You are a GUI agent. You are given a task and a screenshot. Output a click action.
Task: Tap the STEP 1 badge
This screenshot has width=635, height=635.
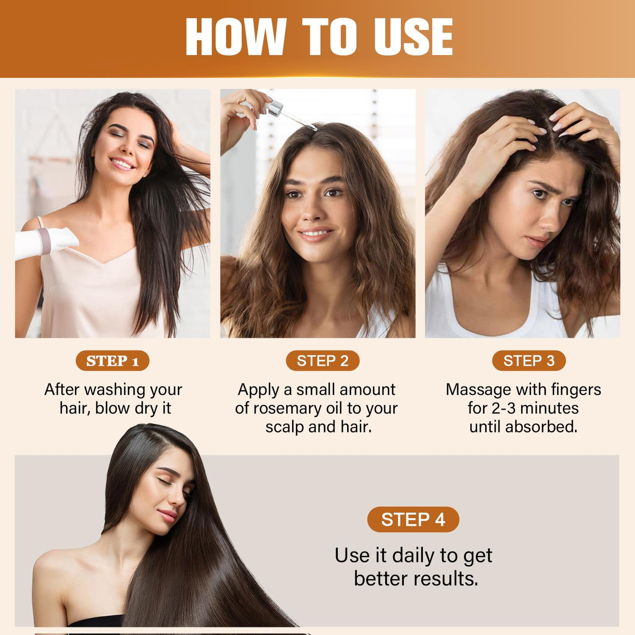(x=112, y=360)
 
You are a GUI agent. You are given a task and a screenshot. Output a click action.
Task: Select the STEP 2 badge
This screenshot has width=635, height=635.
(x=323, y=360)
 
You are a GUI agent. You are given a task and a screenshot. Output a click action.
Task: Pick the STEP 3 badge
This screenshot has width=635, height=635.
(x=529, y=360)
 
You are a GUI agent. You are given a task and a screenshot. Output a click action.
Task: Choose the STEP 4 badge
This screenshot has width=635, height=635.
(x=413, y=519)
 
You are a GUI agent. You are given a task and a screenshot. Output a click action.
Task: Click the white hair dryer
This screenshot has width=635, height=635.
(x=46, y=242)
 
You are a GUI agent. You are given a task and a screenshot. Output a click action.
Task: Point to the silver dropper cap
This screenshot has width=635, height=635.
(x=275, y=109)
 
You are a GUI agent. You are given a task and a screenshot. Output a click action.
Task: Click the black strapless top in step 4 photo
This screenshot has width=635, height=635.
(x=96, y=621)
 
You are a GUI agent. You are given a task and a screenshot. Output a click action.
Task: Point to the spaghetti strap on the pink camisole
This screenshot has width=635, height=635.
(x=40, y=223)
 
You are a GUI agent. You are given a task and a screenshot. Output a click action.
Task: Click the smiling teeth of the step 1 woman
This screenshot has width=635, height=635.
(x=122, y=163)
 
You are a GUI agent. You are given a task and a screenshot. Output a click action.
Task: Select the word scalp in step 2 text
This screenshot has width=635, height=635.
(x=285, y=427)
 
